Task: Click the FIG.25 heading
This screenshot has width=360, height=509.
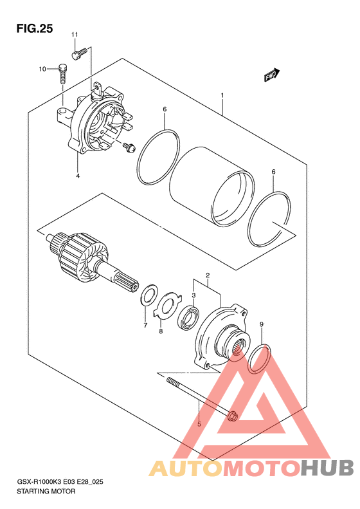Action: tap(34, 29)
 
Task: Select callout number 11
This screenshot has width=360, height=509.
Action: tap(75, 34)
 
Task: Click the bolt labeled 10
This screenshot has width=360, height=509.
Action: tap(63, 73)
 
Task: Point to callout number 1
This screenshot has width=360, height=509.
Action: tap(222, 95)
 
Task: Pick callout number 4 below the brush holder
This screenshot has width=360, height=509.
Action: tap(78, 176)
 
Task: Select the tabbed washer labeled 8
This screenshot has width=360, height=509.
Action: tap(167, 306)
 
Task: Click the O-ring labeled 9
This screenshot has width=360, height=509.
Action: tap(259, 359)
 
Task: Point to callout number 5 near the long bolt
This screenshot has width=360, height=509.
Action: tap(199, 424)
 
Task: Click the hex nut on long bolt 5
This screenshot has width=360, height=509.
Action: tap(233, 416)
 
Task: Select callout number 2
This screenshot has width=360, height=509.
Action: tap(208, 275)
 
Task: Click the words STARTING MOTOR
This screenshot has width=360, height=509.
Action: tap(46, 491)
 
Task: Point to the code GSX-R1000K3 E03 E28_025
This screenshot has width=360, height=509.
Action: tap(60, 482)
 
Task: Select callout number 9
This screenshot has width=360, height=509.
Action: tap(262, 324)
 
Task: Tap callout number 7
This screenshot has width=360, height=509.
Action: tap(145, 325)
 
